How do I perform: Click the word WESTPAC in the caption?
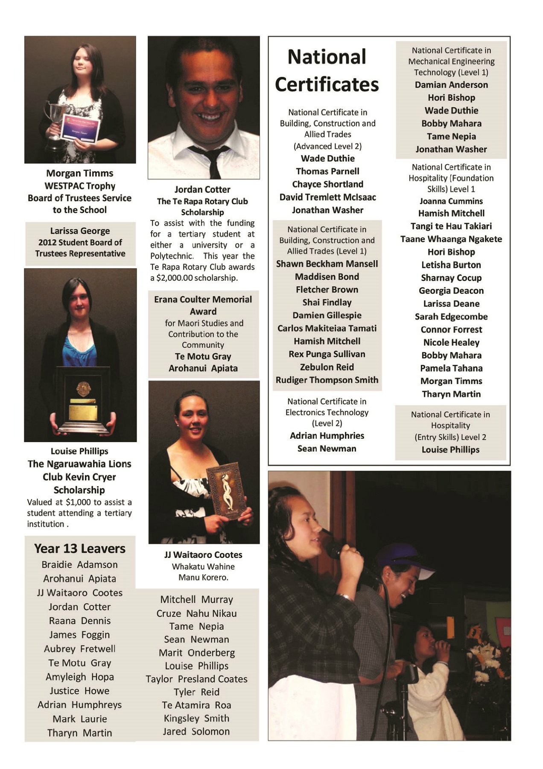click(x=62, y=186)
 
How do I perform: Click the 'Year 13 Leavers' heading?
click(x=80, y=549)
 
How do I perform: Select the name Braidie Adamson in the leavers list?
click(x=80, y=565)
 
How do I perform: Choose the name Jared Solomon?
click(x=196, y=731)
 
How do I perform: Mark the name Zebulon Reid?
click(x=327, y=367)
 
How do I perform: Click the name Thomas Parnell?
click(x=327, y=171)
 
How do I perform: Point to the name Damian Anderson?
click(x=451, y=85)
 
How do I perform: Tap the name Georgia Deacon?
click(x=451, y=291)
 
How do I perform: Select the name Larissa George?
click(x=80, y=231)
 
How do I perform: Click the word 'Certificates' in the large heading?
click(x=327, y=85)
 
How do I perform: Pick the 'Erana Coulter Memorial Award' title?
click(x=203, y=305)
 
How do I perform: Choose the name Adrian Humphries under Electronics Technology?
click(x=327, y=436)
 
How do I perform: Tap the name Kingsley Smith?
click(x=196, y=718)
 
